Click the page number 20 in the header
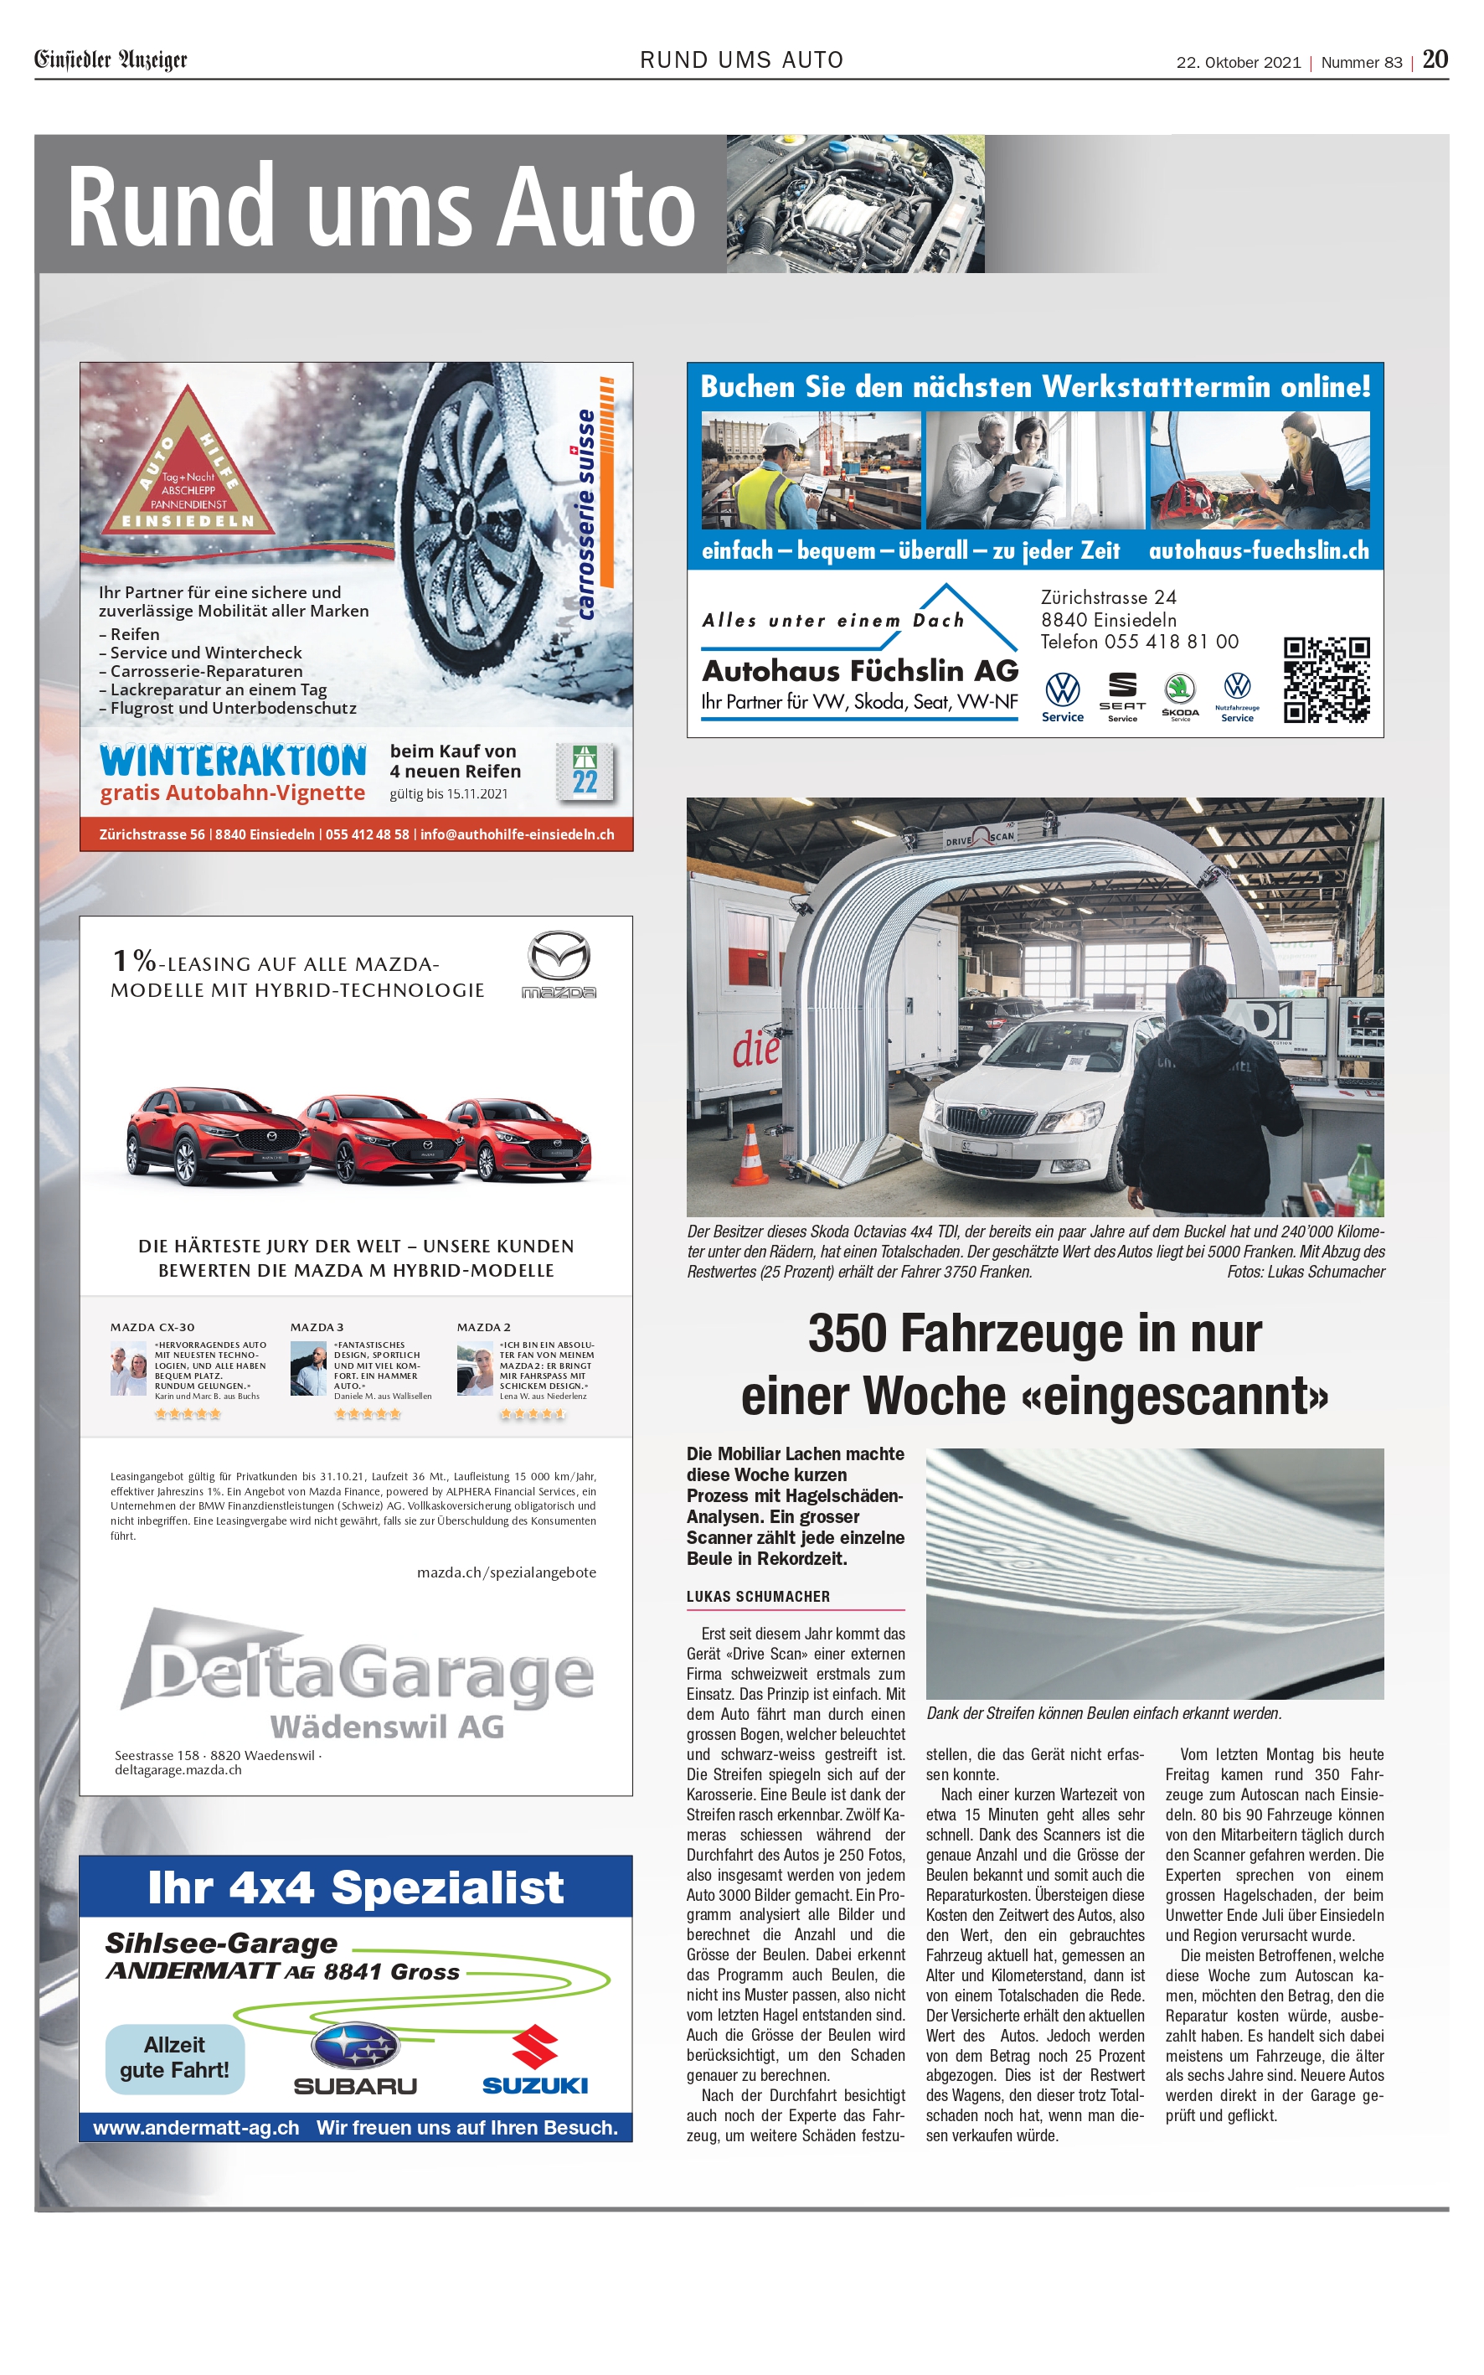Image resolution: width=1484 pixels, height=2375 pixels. (x=1435, y=59)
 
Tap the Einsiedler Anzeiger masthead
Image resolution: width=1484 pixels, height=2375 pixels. (x=111, y=59)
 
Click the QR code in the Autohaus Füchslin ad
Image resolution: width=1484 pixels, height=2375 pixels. (x=1326, y=679)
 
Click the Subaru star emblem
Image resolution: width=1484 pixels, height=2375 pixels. (x=355, y=2046)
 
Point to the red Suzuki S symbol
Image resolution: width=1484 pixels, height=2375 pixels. (x=535, y=2046)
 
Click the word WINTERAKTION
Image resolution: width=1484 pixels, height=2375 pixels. (x=234, y=761)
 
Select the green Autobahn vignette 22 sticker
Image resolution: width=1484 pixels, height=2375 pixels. (x=585, y=770)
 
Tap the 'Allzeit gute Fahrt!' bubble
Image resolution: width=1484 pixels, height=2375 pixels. (x=175, y=2057)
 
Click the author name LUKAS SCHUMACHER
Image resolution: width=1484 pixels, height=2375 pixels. (x=758, y=1597)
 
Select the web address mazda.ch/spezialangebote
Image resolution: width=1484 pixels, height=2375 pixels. (x=507, y=1572)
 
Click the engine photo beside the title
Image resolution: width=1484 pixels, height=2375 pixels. (x=855, y=204)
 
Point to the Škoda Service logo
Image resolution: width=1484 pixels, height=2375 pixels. (x=1180, y=696)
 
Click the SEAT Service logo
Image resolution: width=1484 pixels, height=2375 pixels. (x=1122, y=696)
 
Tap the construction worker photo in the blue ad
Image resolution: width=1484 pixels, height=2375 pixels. (x=811, y=469)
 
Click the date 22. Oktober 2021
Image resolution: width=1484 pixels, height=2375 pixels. (x=1238, y=62)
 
